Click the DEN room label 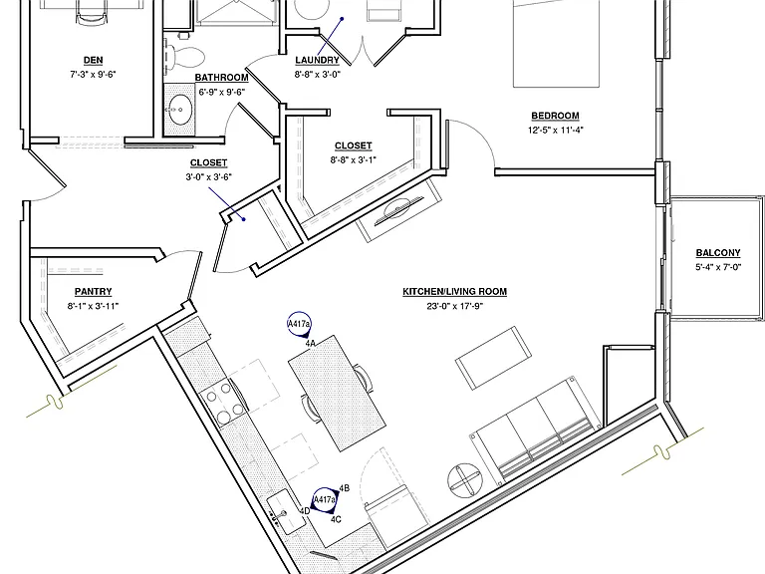[94, 61]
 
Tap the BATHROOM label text [221, 78]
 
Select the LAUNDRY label [317, 60]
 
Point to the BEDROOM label [555, 116]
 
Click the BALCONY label [718, 253]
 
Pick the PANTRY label [94, 291]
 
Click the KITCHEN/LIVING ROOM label [454, 291]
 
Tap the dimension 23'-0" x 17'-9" [454, 306]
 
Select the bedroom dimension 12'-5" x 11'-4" [555, 130]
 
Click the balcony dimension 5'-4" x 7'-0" [718, 267]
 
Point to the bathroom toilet [184, 56]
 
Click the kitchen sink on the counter [287, 512]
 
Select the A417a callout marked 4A [299, 325]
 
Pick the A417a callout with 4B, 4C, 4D [325, 500]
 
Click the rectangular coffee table [494, 358]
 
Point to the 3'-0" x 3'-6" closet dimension [208, 176]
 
